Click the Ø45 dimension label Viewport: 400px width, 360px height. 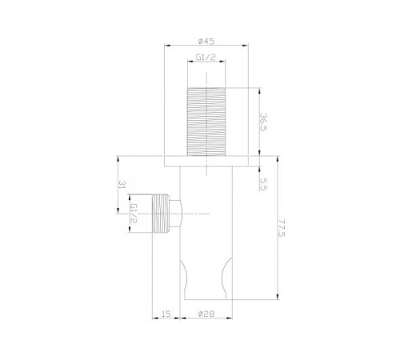206,42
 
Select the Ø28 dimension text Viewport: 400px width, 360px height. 206,314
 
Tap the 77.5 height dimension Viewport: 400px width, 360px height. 281,228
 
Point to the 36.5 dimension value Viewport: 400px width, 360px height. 263,122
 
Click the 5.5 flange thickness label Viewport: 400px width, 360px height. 263,184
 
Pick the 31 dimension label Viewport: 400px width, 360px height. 122,185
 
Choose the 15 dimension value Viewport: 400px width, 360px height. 166,314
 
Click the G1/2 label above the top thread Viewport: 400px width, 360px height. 206,58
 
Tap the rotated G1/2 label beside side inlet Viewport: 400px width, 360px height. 134,214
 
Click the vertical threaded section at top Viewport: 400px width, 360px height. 206,122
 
